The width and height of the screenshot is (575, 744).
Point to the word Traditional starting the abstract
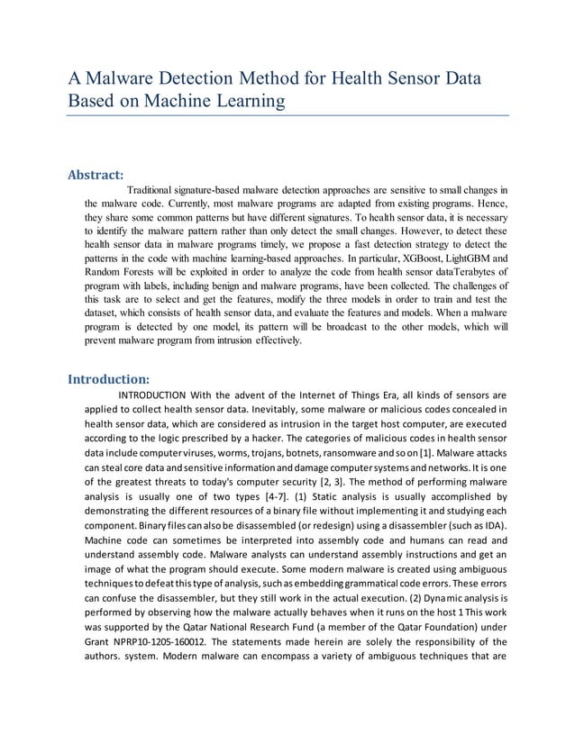click(160, 190)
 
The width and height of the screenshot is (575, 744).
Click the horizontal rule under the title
click(288, 115)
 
